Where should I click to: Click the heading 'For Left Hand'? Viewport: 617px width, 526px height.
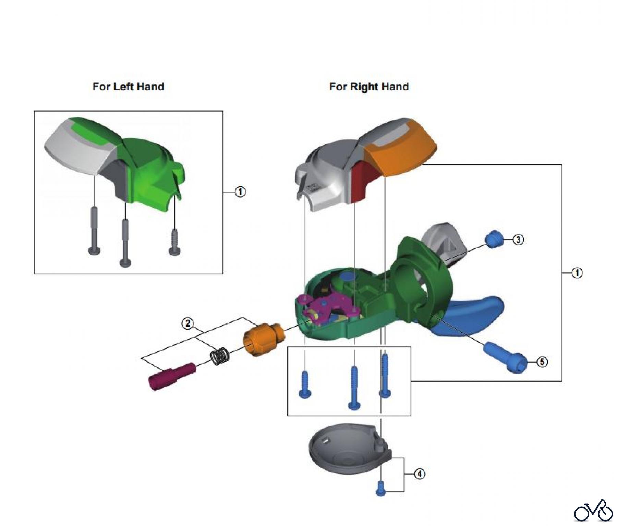[x=128, y=87]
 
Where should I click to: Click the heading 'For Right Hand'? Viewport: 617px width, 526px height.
[x=369, y=87]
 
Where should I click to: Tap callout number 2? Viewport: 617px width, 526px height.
[x=187, y=323]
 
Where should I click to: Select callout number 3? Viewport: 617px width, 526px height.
[x=518, y=240]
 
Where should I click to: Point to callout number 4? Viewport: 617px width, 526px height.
[x=420, y=474]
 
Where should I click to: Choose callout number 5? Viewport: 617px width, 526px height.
[x=542, y=362]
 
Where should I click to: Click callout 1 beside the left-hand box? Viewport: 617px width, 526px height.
[x=240, y=192]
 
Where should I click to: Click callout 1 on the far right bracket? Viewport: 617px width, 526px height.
[x=577, y=273]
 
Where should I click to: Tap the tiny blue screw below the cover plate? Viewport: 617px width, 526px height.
[x=380, y=488]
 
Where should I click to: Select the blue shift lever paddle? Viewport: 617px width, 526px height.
[x=473, y=314]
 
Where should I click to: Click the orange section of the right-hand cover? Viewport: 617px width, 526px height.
[x=401, y=151]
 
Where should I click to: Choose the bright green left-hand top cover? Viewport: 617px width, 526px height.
[x=147, y=164]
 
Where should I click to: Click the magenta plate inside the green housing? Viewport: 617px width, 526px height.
[x=329, y=305]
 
